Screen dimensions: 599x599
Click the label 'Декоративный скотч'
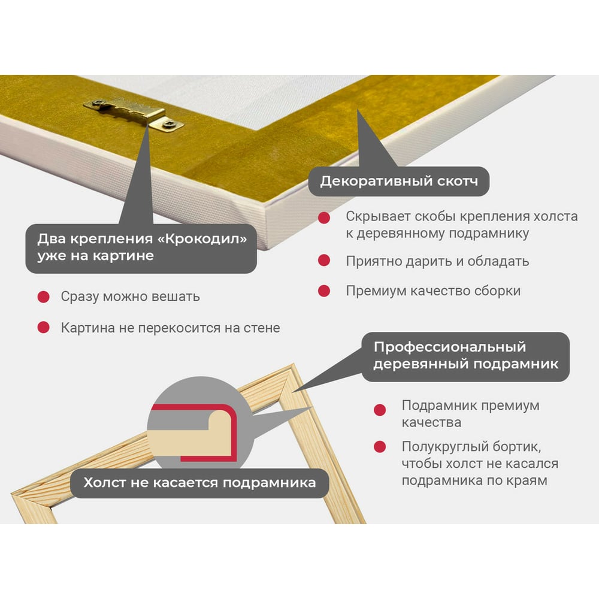(399, 181)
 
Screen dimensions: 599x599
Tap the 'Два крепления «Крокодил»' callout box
(141, 249)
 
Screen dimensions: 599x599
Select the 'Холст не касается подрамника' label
(199, 483)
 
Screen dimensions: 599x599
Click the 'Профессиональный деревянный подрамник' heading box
(465, 356)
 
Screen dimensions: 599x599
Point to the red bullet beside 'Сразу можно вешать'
(44, 297)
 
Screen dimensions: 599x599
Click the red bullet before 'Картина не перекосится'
(44, 328)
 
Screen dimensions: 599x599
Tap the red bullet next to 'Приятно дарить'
(324, 261)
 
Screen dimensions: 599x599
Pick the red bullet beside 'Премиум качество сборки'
(324, 291)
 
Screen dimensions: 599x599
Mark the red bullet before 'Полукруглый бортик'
(380, 447)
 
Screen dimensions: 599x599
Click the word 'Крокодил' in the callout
(202, 239)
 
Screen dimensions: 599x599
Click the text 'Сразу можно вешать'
(130, 297)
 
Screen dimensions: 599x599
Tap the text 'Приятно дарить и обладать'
(437, 261)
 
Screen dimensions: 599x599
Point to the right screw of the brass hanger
(168, 123)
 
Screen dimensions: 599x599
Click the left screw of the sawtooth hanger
(99, 102)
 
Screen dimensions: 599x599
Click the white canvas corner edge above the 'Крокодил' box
(267, 225)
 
